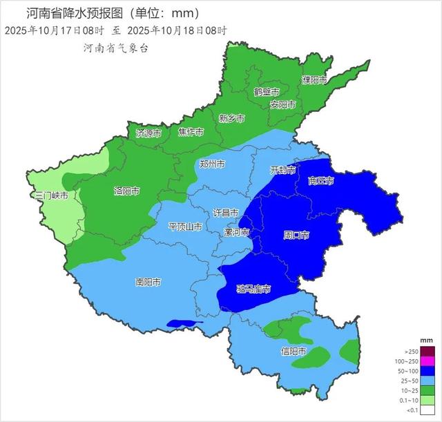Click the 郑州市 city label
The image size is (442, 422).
(211, 164)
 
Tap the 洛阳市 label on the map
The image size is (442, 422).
(126, 191)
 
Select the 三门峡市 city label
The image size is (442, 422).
(52, 196)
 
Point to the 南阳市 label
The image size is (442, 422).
(148, 282)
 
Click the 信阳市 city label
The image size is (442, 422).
(294, 352)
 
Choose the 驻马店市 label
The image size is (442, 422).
(253, 289)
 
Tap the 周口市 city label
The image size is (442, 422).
(296, 236)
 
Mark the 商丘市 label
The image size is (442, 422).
(320, 181)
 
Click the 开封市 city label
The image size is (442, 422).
(282, 170)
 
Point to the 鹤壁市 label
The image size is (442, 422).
(266, 92)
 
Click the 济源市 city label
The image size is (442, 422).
(148, 133)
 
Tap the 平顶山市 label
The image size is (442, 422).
(185, 227)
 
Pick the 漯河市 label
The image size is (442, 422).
(237, 233)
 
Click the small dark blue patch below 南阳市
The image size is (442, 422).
(184, 323)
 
